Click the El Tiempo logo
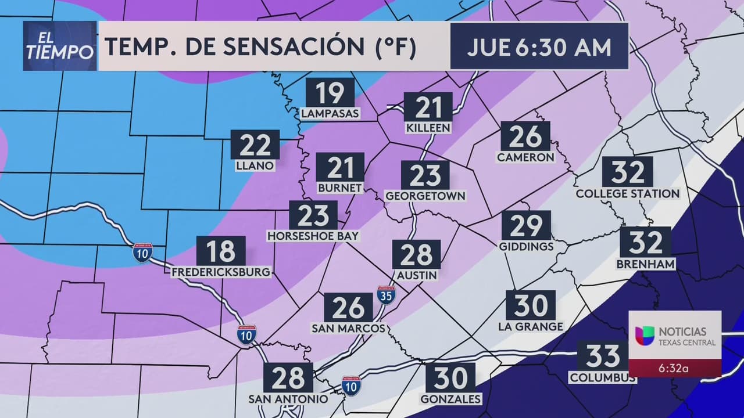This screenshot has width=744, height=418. coord(60,46)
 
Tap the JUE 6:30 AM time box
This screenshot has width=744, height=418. coord(539,47)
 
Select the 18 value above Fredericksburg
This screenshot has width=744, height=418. coord(221,251)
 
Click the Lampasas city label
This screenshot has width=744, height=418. coord(330,114)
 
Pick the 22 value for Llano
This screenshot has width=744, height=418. coord(255,145)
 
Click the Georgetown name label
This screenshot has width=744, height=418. coord(425,196)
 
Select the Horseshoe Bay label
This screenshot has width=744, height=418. coord(313,236)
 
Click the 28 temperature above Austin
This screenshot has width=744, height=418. coord(416,254)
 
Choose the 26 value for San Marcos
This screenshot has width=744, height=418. coord(348,308)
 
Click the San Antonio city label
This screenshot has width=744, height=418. coord(288,399)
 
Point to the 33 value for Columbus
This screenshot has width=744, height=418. coord(603,356)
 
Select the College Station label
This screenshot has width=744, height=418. coord(628,194)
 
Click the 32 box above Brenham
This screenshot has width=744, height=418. coord(645,242)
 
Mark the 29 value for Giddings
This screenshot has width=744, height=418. coord(526,226)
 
